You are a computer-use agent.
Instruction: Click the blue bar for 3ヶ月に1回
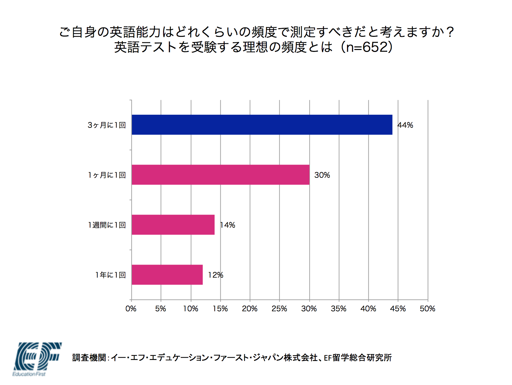(262, 125)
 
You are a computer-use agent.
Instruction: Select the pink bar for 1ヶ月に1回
(220, 175)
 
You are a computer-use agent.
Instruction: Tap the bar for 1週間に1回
(173, 225)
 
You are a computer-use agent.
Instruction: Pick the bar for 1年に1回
(167, 274)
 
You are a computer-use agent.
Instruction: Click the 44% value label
(405, 125)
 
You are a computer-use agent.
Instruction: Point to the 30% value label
(322, 175)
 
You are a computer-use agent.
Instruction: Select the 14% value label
(228, 225)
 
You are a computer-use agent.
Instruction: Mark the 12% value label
(215, 275)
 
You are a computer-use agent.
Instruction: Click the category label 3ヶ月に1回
(106, 125)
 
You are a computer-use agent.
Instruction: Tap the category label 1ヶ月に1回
(107, 175)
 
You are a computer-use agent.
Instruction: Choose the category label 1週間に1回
(107, 225)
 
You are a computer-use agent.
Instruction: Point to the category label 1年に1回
(110, 275)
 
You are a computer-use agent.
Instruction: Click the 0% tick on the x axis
(131, 309)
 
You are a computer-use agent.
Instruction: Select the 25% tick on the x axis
(279, 309)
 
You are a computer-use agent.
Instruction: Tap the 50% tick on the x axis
(427, 309)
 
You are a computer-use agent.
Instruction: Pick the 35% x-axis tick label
(339, 309)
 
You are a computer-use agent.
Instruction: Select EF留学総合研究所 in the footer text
(358, 358)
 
